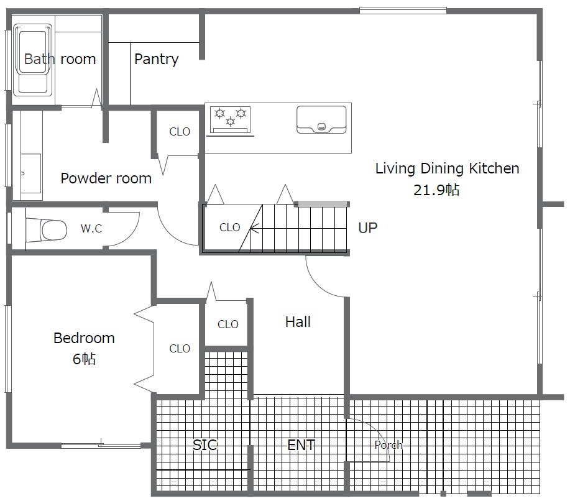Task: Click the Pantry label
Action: click(x=156, y=59)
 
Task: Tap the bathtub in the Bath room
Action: click(x=33, y=60)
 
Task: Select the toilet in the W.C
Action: click(x=47, y=230)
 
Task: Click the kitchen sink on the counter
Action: click(x=321, y=119)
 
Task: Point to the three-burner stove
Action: click(x=230, y=119)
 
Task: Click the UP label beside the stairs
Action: click(x=367, y=228)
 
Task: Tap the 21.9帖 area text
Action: click(x=436, y=190)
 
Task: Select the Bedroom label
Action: click(x=84, y=338)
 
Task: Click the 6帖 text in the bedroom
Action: click(x=84, y=359)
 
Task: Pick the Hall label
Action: click(x=298, y=322)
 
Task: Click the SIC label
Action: click(x=205, y=444)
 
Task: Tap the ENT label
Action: click(x=301, y=444)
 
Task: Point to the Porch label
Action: click(x=388, y=444)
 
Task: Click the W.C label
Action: click(x=91, y=228)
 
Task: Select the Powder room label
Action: click(x=106, y=178)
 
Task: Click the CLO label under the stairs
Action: click(x=230, y=228)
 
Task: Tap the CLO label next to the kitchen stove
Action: click(x=180, y=131)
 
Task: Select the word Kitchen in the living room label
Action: click(x=494, y=168)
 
